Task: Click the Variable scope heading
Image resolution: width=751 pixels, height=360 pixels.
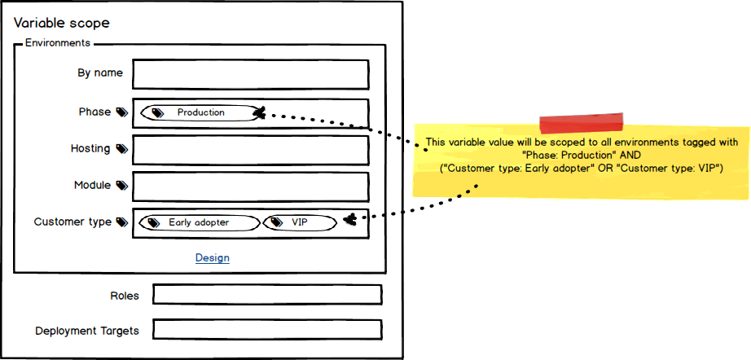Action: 61,24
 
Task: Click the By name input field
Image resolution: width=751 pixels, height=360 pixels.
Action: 250,74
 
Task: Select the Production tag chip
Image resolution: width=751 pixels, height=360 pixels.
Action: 199,113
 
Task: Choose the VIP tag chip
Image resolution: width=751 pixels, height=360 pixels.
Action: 299,222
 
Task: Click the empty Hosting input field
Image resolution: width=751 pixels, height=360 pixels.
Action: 250,150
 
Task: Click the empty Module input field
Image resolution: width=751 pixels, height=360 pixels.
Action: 250,187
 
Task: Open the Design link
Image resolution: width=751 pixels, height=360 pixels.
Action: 212,258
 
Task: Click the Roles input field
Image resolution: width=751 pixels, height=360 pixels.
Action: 266,295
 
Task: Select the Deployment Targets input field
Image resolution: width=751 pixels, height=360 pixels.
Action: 266,330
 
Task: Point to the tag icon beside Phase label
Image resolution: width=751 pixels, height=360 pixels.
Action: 121,112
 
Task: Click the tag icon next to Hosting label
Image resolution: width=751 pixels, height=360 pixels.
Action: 121,149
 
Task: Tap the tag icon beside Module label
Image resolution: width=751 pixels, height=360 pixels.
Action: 121,186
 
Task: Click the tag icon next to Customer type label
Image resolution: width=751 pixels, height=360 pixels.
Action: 121,222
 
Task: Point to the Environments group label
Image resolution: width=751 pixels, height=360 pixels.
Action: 57,43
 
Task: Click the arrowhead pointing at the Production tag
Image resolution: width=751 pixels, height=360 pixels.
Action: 260,114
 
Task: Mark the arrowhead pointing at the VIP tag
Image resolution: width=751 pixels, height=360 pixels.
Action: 349,219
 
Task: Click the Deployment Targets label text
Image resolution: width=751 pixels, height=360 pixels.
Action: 86,331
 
